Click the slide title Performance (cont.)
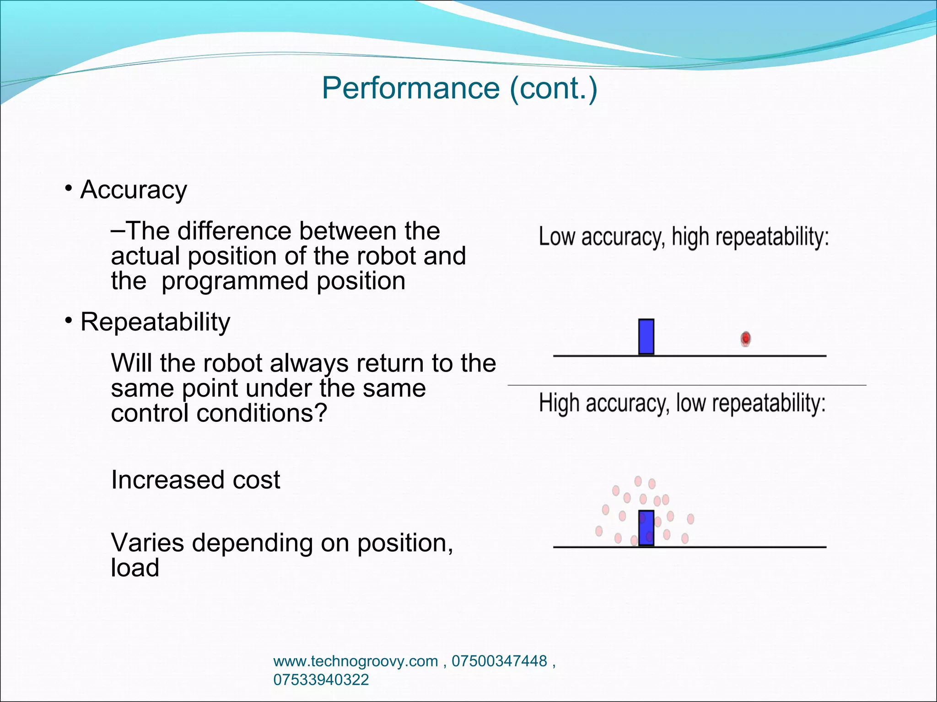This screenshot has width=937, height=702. [x=459, y=88]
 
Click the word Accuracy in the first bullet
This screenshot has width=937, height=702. [x=134, y=190]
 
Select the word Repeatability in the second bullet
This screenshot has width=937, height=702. [x=155, y=322]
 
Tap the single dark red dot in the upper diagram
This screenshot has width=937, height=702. [x=746, y=339]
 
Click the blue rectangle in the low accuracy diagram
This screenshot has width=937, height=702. [x=646, y=337]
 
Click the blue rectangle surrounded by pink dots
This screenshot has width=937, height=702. [x=646, y=528]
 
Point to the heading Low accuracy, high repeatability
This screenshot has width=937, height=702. [x=684, y=237]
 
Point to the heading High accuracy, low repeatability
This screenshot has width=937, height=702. [x=682, y=404]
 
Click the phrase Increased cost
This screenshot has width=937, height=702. [x=195, y=480]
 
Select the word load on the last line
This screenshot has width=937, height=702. [x=135, y=568]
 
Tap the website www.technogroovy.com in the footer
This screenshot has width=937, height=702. [x=355, y=661]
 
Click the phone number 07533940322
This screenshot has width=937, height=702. [x=321, y=680]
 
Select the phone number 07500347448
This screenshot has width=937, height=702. [x=499, y=661]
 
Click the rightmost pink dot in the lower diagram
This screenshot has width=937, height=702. [x=691, y=519]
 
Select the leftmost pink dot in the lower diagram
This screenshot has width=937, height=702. [x=599, y=531]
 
